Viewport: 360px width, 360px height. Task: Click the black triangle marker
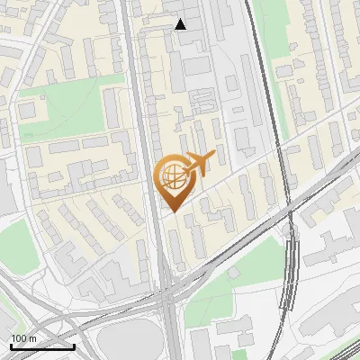click(x=181, y=24)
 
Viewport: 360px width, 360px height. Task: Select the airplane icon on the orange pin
click(x=199, y=162)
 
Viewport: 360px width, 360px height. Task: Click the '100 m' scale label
click(x=23, y=338)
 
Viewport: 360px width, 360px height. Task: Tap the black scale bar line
click(x=42, y=346)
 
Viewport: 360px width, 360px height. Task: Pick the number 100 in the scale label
click(x=19, y=338)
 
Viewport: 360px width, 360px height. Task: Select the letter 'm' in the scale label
click(x=32, y=338)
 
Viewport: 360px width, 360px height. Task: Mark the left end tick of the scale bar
click(x=11, y=345)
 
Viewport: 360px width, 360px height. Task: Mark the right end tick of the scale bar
click(x=74, y=345)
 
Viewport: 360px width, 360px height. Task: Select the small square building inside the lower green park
click(x=233, y=272)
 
